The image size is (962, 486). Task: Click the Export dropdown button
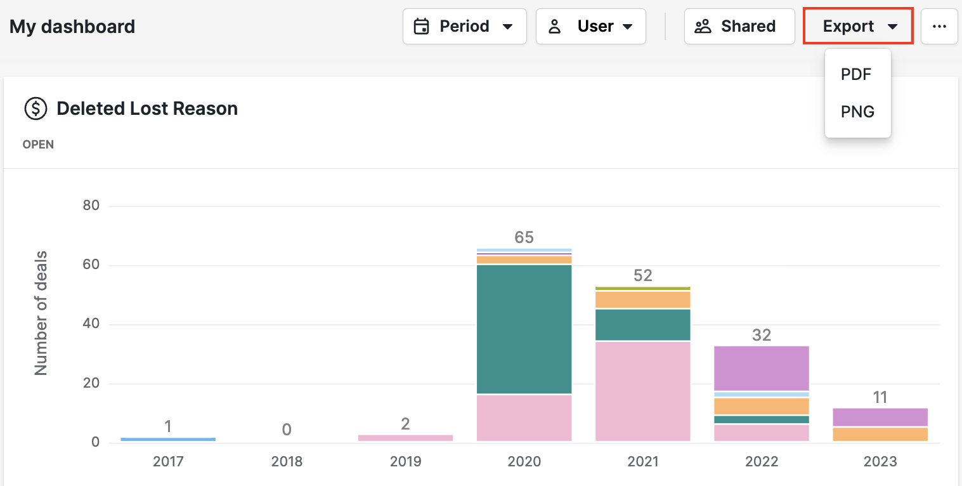point(858,26)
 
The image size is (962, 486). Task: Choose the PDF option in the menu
point(856,74)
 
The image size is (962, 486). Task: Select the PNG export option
point(857,112)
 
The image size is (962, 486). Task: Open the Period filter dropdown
point(464,26)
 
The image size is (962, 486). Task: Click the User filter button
point(590,26)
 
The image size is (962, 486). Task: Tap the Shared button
point(739,26)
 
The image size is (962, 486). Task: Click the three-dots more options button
point(939,26)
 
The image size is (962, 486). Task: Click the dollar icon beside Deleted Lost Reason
point(36,108)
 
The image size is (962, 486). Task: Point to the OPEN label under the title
point(38,145)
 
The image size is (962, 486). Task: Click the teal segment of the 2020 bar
point(524,329)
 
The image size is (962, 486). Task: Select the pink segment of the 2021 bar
point(642,390)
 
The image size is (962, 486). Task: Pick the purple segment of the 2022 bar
point(761,368)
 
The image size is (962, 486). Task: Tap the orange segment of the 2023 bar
point(880,434)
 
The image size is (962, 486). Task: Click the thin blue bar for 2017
point(168,439)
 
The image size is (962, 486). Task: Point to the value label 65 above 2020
point(524,237)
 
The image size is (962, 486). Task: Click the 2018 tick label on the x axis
point(287,461)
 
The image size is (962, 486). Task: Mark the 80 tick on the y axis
point(91,206)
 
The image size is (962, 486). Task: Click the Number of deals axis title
point(41,313)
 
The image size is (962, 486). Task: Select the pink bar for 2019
point(405,437)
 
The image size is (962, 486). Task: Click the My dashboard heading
point(72,27)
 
